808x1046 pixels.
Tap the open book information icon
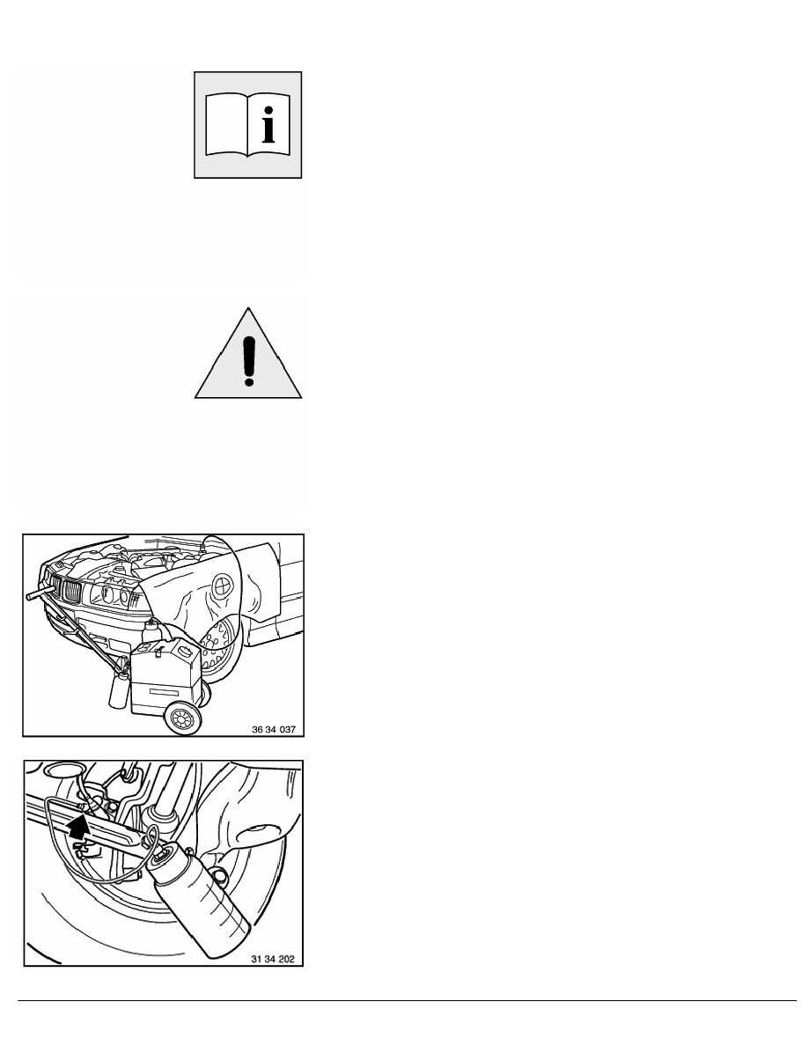(248, 125)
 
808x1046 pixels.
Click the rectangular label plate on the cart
(161, 693)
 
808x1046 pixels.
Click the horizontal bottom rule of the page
(404, 1000)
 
